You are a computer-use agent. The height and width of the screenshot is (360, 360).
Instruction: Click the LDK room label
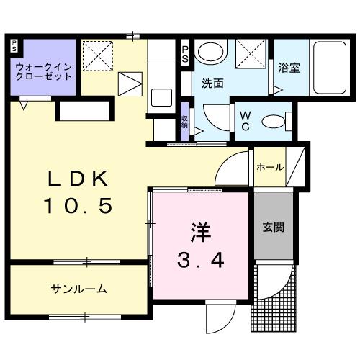79,178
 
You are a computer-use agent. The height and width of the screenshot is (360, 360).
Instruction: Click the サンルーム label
79,289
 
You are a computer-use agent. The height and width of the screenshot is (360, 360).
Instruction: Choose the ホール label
269,168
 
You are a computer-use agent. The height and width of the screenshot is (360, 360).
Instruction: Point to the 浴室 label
289,69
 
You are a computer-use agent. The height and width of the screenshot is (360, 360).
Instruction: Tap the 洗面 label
212,83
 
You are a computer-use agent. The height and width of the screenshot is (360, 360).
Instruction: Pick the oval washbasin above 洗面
210,51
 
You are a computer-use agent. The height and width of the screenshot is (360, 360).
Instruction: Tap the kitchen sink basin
161,96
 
